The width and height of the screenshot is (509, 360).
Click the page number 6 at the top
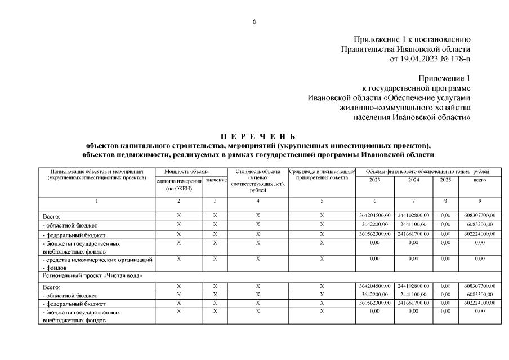tap(254, 21)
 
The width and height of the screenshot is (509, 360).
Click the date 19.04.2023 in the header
tap(417, 59)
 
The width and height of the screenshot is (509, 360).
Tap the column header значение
tap(216, 180)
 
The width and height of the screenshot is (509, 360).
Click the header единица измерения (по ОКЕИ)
tap(178, 184)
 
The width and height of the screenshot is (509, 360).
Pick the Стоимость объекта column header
tap(258, 171)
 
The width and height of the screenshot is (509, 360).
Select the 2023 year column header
tap(374, 180)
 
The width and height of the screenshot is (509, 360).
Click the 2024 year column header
tap(413, 180)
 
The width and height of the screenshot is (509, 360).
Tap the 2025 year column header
tap(445, 180)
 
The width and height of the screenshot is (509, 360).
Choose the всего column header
tap(479, 180)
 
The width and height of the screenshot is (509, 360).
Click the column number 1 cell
tap(96, 201)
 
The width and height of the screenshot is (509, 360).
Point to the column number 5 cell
tap(322, 201)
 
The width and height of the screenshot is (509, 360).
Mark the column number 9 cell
tap(479, 201)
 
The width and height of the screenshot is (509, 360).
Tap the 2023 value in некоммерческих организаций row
tap(374, 259)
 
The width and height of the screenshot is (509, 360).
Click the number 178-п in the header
tap(458, 59)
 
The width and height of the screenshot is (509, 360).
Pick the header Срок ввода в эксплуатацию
tap(322, 171)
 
